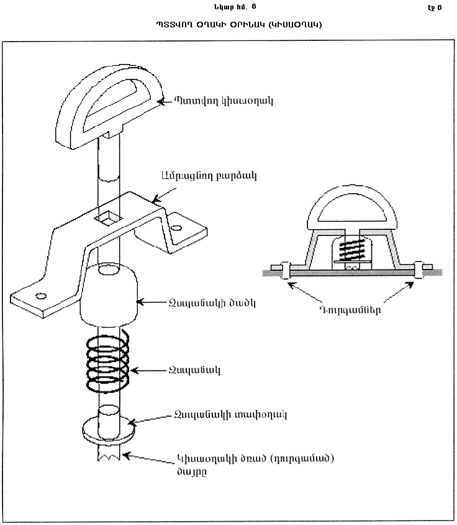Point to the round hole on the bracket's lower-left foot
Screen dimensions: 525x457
[42, 295]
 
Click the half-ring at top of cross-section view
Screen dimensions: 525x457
[352, 210]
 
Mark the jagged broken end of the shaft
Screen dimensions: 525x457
[109, 457]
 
